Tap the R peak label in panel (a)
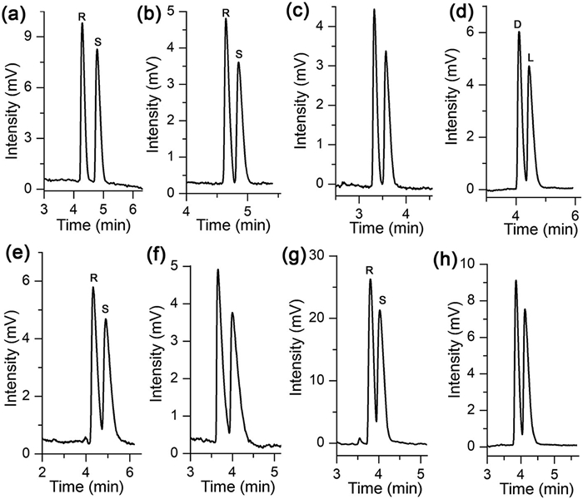(82, 16)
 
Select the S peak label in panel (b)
(239, 55)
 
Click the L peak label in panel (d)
(531, 57)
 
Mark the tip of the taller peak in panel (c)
(374, 10)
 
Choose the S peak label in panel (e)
(106, 309)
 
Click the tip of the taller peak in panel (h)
(516, 281)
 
